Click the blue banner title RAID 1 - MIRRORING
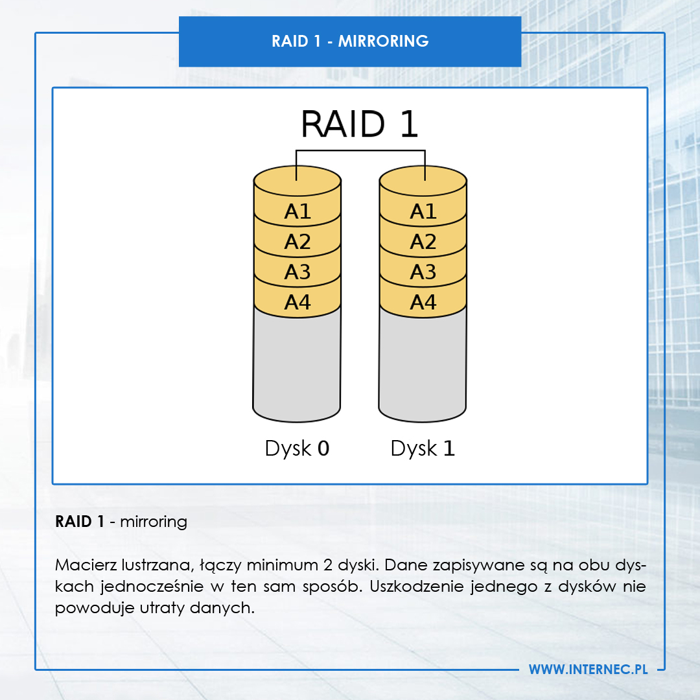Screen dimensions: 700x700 pyautogui.click(x=350, y=41)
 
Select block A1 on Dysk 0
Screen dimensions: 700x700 pyautogui.click(x=297, y=211)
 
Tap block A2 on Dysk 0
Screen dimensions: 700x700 pyautogui.click(x=297, y=242)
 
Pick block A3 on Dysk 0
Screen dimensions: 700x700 pyautogui.click(x=297, y=272)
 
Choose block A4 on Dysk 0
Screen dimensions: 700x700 pyautogui.click(x=297, y=302)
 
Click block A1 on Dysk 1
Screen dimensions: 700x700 pyautogui.click(x=423, y=211)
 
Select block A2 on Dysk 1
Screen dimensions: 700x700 pyautogui.click(x=423, y=242)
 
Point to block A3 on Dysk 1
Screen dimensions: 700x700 pyautogui.click(x=423, y=272)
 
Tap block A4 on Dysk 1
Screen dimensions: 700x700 pyautogui.click(x=423, y=302)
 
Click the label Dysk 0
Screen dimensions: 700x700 pyautogui.click(x=297, y=449)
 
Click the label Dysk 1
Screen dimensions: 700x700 pyautogui.click(x=423, y=449)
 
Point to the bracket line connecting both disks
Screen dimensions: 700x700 pyautogui.click(x=360, y=151)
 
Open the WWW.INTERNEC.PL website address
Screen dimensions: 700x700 pyautogui.click(x=588, y=670)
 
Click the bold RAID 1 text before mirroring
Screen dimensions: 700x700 pyautogui.click(x=80, y=521)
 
